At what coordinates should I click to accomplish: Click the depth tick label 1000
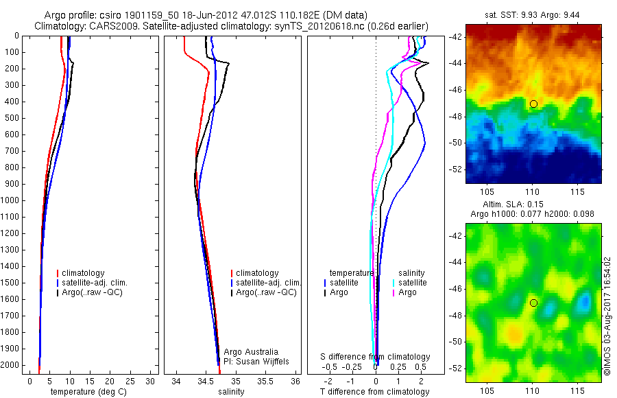pos(10,200)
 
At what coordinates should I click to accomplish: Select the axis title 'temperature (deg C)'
pos(89,392)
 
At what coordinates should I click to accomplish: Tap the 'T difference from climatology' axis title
pos(375,392)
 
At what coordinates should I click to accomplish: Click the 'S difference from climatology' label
pos(375,357)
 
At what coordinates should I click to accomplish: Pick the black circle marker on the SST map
pos(533,104)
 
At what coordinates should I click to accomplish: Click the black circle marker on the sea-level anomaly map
pos(533,303)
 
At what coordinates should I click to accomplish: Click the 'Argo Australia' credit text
pos(251,351)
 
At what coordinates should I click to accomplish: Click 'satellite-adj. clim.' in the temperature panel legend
pos(95,283)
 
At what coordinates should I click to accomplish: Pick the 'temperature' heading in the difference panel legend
pos(352,273)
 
